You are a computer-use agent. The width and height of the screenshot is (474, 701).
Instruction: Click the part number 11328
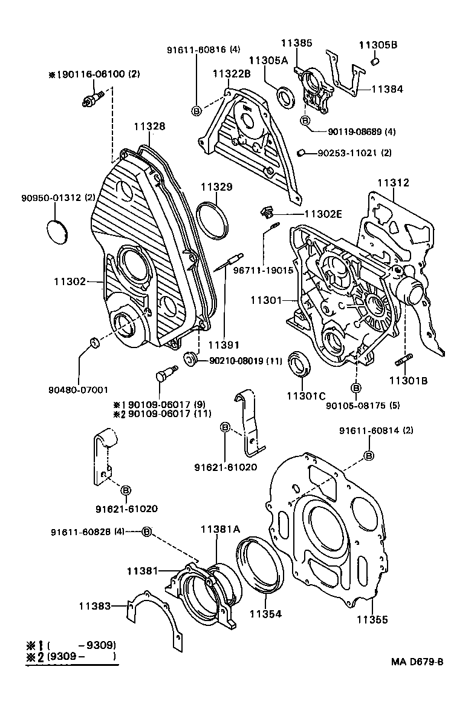(x=149, y=127)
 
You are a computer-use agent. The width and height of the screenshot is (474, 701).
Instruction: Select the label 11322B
(x=231, y=74)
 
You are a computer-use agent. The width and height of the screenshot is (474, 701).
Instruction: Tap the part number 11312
(x=394, y=183)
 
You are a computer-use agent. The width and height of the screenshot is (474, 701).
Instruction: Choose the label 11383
(x=94, y=605)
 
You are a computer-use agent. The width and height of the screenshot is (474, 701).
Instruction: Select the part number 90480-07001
(x=79, y=391)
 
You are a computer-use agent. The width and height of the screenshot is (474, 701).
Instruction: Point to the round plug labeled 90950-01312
(x=58, y=232)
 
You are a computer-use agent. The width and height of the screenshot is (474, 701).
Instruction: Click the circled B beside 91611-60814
(x=368, y=455)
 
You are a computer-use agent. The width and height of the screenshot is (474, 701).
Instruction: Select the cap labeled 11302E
(x=265, y=212)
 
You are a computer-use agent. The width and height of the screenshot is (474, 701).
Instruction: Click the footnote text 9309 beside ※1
(x=100, y=645)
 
